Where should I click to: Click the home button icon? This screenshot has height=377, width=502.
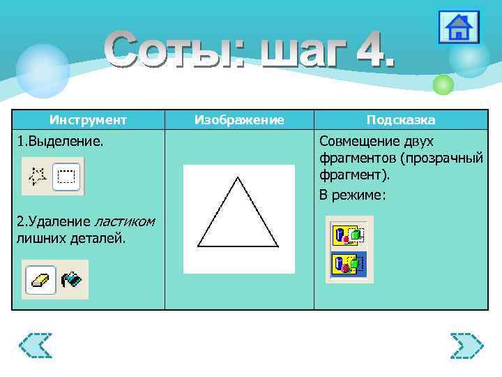(x=459, y=28)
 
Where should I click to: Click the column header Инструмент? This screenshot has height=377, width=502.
(x=88, y=120)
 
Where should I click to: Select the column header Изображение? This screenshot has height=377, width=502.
(x=239, y=120)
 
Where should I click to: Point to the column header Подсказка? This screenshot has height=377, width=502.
(x=401, y=120)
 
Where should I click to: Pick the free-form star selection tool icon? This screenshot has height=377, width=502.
(x=37, y=176)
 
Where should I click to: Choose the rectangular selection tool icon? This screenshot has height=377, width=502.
(x=67, y=176)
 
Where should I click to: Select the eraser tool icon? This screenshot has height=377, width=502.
(x=40, y=280)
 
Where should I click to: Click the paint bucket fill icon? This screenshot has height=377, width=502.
(x=71, y=280)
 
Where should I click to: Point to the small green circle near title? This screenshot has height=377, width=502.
(x=443, y=84)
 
